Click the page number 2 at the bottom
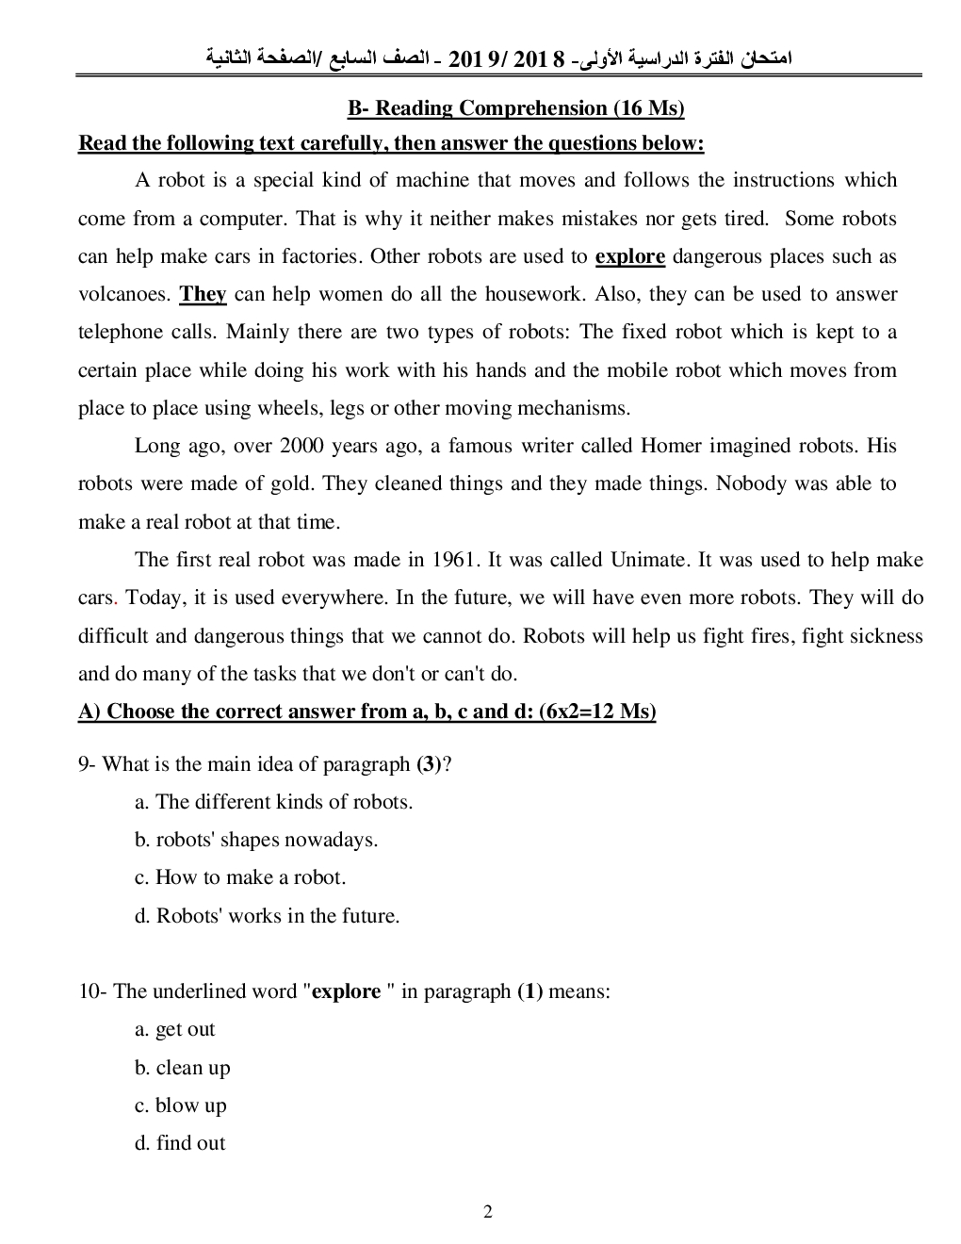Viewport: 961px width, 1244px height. tap(488, 1212)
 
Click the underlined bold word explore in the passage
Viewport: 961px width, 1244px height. tap(630, 256)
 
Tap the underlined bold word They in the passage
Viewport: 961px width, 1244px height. tap(204, 294)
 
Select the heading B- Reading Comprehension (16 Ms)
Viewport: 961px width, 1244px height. tap(515, 108)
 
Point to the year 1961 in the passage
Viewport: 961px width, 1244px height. tap(455, 560)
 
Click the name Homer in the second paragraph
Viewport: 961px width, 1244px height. tap(672, 446)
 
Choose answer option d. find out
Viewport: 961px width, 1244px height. tap(180, 1143)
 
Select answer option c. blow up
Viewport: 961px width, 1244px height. tap(180, 1105)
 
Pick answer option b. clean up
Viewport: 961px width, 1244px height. tap(182, 1068)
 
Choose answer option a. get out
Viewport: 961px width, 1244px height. tap(175, 1029)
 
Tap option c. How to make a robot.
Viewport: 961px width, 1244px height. tap(240, 877)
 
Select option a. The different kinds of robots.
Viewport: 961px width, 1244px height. tap(273, 802)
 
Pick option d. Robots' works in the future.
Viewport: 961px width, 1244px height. tap(267, 915)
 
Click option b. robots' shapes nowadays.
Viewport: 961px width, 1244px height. tap(256, 840)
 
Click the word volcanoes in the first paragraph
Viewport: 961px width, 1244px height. tap(122, 294)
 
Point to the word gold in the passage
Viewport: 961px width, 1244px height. tap(290, 483)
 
